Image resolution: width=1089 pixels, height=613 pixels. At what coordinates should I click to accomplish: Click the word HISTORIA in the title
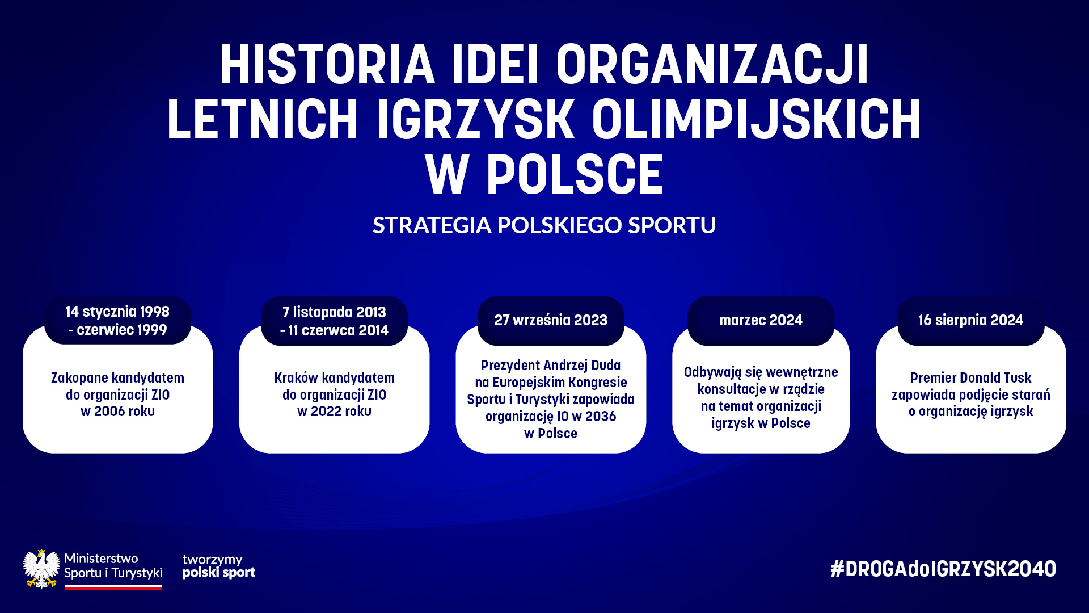[327, 64]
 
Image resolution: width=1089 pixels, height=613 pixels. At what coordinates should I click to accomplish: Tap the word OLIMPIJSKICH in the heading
[756, 119]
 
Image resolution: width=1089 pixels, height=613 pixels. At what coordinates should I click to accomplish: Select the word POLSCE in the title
[575, 174]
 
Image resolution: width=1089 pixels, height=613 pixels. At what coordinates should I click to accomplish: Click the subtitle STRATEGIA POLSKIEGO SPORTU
[544, 225]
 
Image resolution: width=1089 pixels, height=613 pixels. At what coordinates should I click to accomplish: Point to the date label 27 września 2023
[551, 320]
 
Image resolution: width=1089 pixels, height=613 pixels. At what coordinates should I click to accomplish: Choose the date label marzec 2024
[761, 320]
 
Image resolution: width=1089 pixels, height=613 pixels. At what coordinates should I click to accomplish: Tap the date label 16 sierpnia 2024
[971, 320]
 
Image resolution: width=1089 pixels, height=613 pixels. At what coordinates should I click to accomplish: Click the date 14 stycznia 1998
[117, 312]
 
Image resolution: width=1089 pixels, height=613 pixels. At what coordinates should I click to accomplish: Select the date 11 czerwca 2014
[339, 330]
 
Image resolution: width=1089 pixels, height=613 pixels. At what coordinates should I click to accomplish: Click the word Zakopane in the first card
[79, 378]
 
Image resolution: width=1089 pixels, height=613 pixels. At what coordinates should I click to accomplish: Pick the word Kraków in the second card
[296, 378]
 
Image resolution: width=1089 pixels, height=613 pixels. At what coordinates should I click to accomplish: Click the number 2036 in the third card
[601, 417]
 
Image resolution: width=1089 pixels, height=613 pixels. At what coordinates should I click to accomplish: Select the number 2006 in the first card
[109, 412]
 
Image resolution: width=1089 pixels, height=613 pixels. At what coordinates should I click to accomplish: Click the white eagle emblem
[41, 569]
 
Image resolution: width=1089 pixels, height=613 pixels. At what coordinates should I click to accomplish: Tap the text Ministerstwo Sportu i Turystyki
[113, 566]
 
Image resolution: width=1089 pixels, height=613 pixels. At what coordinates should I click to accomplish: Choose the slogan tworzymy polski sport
[219, 566]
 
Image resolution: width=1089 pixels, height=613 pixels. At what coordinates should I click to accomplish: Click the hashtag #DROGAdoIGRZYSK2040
[943, 569]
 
